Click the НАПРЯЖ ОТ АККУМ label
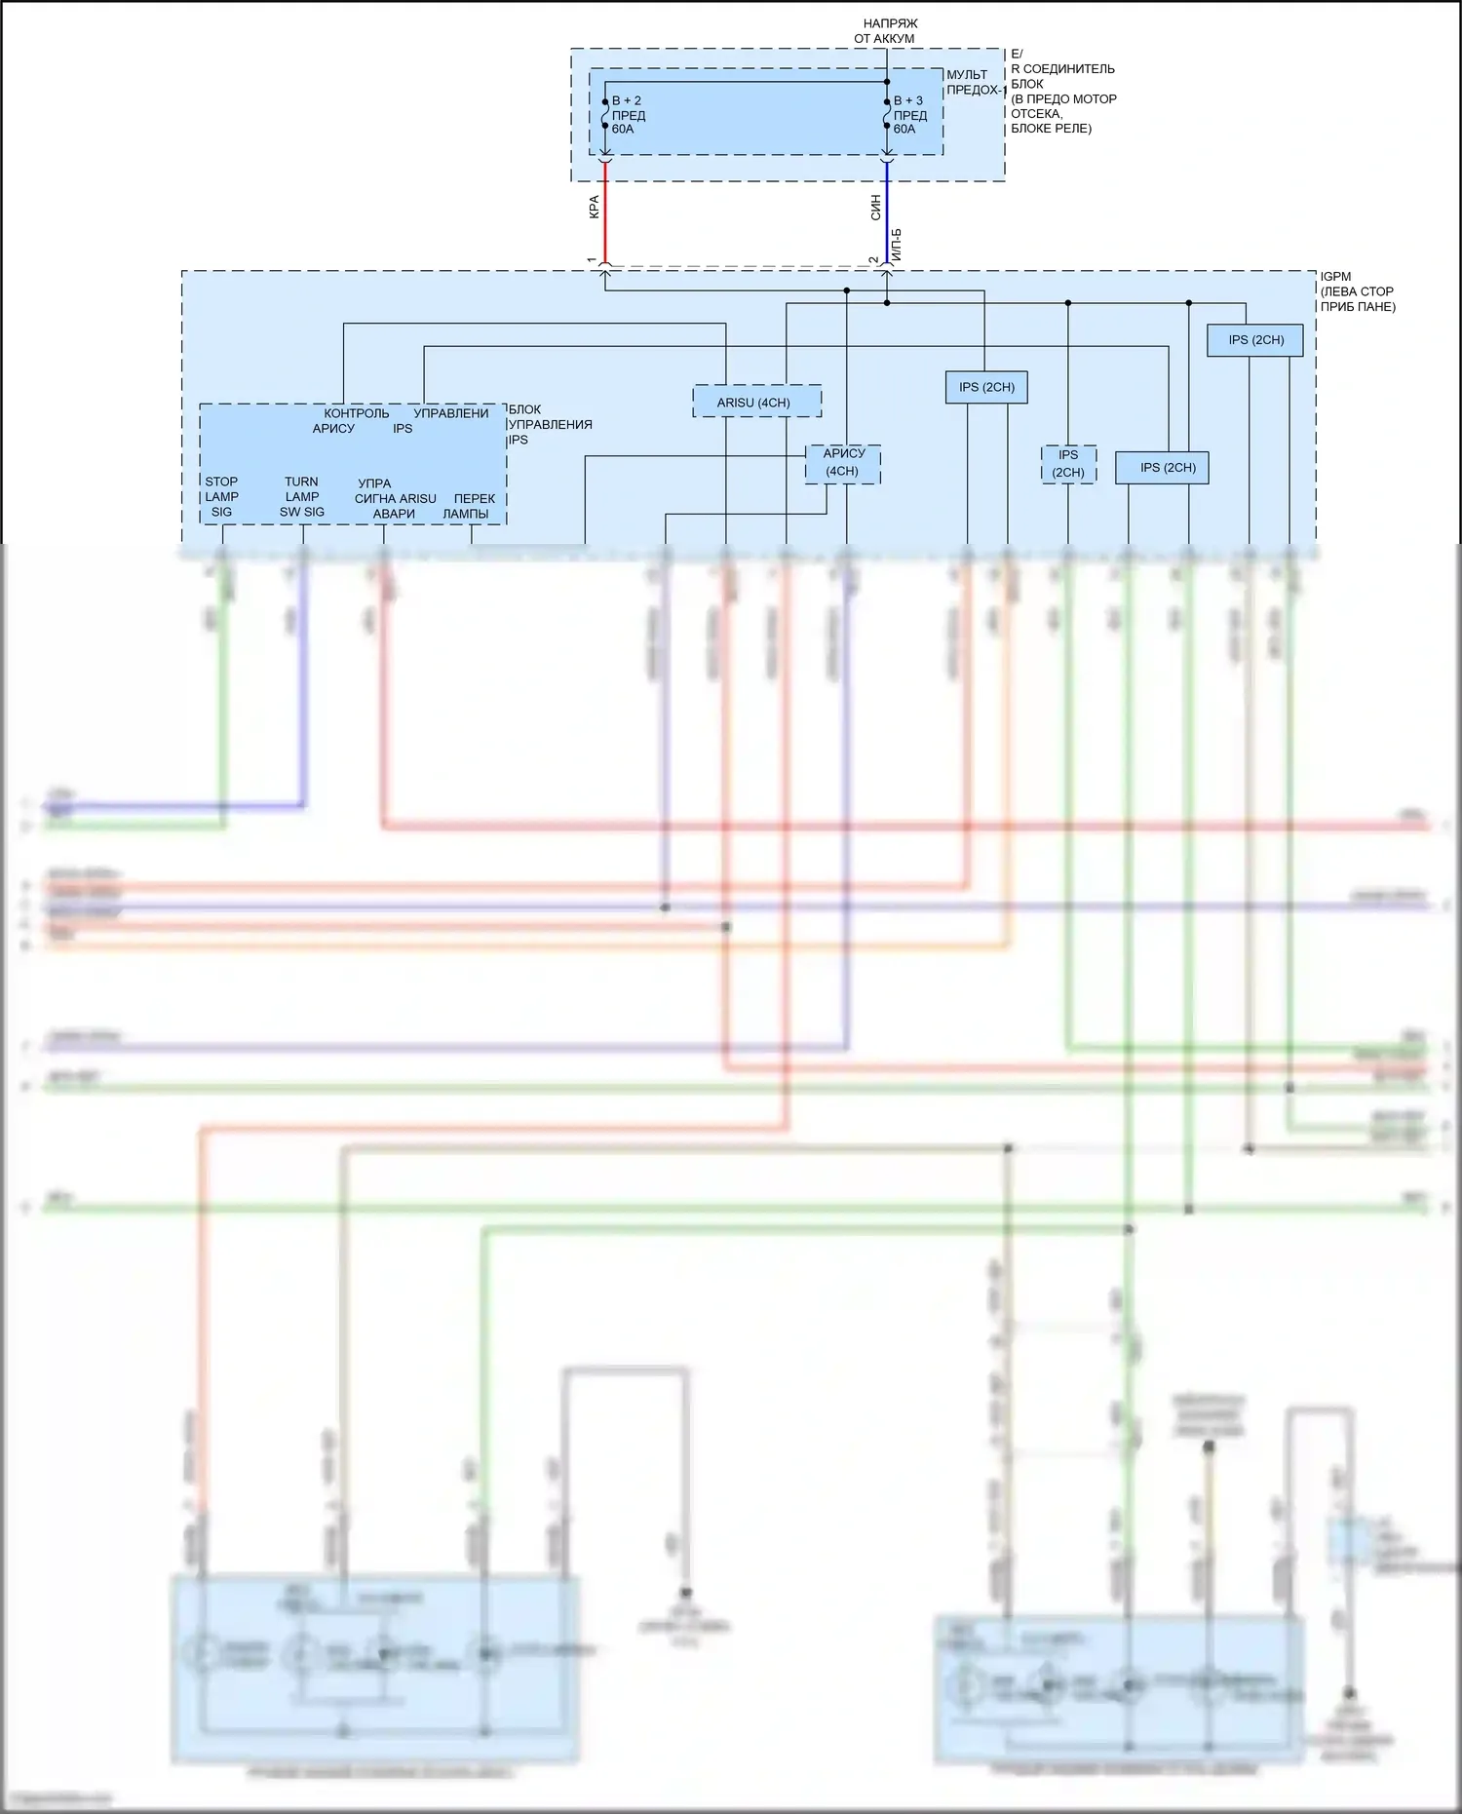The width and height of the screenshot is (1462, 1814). (887, 31)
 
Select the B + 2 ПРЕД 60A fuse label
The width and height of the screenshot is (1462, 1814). (628, 115)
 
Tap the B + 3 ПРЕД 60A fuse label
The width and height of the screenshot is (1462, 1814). (908, 115)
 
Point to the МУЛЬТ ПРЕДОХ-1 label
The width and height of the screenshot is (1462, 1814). (974, 83)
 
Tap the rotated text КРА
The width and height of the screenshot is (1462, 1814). (594, 208)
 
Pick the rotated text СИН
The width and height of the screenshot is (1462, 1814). (875, 208)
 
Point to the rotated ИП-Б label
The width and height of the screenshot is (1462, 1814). (897, 245)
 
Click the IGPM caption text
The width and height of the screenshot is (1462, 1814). (1357, 291)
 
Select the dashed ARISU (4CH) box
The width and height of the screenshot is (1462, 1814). (756, 402)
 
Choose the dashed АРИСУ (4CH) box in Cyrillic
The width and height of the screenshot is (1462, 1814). (843, 463)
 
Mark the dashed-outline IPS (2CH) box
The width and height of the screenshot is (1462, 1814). (1068, 464)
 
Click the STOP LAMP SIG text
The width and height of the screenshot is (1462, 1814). (221, 496)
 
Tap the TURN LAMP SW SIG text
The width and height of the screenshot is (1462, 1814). (302, 496)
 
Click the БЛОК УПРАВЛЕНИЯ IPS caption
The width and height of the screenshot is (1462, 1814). (549, 425)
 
